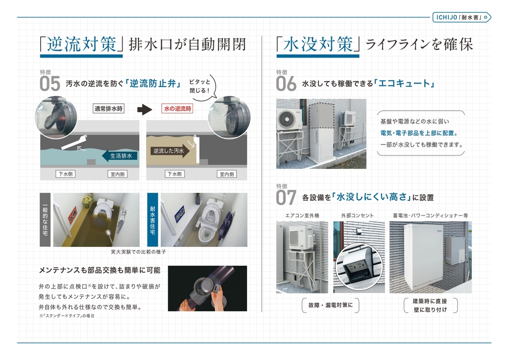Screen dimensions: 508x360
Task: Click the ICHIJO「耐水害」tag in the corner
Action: coord(462,17)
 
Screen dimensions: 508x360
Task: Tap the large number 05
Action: coord(50,84)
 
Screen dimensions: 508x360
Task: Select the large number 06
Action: coord(286,84)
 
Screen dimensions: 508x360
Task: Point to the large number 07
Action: coord(286,198)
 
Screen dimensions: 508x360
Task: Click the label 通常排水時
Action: coord(109,109)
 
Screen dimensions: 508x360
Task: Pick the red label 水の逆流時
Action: coord(177,109)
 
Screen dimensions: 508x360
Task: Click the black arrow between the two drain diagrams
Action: coord(144,110)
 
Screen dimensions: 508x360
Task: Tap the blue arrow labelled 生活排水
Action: coord(120,156)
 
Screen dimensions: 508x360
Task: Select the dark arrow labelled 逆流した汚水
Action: coord(170,151)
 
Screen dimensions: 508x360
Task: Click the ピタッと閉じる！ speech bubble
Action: coord(200,86)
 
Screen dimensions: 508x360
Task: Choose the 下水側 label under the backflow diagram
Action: coord(174,174)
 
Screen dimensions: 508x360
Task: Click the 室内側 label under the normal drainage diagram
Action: coord(117,174)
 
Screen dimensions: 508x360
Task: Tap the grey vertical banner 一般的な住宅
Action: coord(45,219)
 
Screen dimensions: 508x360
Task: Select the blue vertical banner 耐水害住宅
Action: coord(153,219)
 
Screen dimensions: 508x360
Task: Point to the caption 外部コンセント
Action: coord(357,216)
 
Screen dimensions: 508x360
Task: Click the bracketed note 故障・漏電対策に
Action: coord(330,305)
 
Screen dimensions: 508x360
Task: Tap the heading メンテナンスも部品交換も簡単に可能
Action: coord(99,270)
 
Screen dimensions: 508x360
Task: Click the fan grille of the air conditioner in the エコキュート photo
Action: coord(287,120)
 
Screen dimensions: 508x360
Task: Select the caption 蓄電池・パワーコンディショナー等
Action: coord(430,216)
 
